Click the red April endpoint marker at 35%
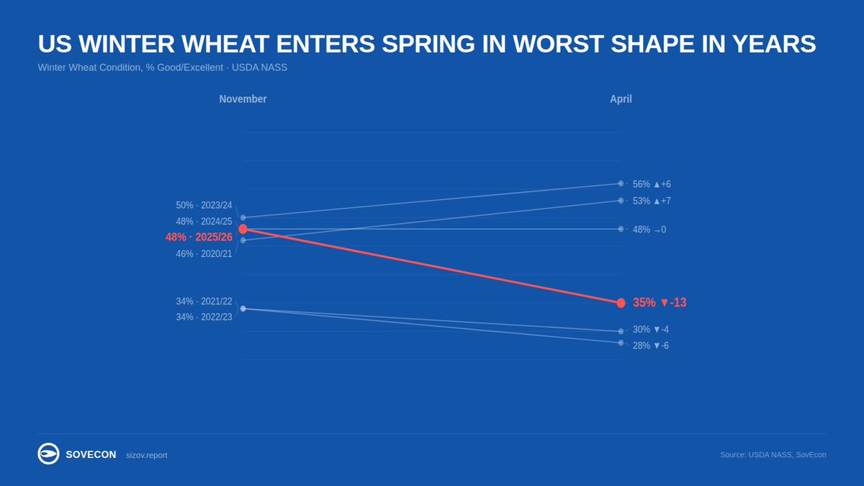[621, 303]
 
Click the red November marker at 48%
[243, 229]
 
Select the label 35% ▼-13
[659, 303]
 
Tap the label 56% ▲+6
[652, 184]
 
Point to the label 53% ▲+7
[652, 201]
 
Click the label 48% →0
[649, 230]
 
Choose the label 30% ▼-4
[650, 330]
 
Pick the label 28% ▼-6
[650, 346]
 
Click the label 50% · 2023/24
[204, 205]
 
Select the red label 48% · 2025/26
[199, 237]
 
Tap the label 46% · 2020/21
[204, 253]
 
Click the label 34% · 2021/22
[204, 302]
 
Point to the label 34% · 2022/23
[204, 318]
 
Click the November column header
[243, 99]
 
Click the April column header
[621, 99]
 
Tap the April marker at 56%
[621, 184]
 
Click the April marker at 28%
[621, 343]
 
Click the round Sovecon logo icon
[48, 454]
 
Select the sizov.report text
[146, 455]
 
